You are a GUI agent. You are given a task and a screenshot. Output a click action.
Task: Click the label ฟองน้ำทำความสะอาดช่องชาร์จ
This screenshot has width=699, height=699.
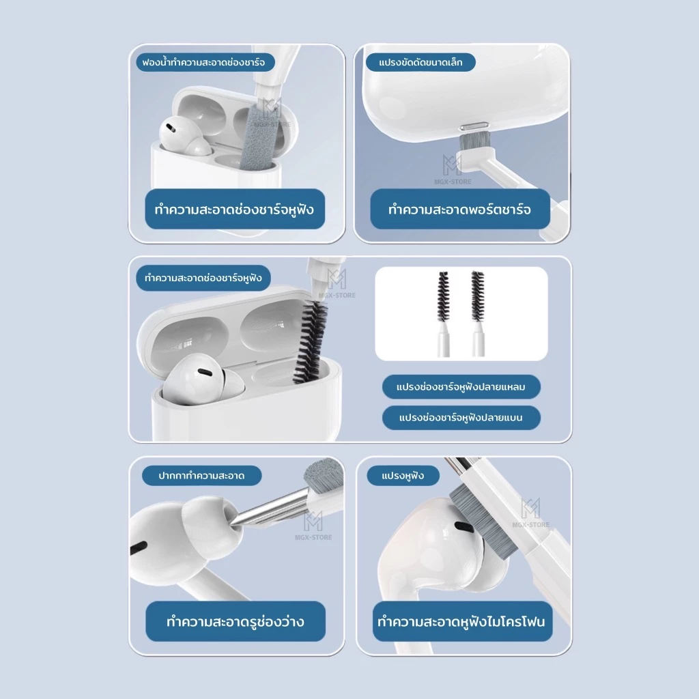click(203, 62)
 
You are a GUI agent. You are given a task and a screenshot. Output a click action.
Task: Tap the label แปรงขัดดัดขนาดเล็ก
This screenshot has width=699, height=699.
click(420, 62)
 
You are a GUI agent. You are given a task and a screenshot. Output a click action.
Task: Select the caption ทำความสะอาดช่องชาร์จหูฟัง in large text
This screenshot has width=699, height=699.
click(235, 209)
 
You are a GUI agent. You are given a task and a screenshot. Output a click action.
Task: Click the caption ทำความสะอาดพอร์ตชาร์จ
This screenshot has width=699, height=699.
click(459, 209)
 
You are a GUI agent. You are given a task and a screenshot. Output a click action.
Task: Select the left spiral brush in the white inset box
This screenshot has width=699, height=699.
click(442, 296)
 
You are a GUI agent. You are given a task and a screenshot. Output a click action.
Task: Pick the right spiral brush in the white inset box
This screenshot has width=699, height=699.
click(477, 296)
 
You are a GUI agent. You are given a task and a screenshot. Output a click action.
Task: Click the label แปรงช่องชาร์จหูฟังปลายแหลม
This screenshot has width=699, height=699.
click(461, 387)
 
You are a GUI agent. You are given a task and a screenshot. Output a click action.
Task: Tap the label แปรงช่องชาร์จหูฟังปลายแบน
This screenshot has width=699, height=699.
click(461, 418)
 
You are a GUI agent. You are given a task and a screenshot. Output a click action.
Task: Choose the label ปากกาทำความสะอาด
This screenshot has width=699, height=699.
click(201, 476)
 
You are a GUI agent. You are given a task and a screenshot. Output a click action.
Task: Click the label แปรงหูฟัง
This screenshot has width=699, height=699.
click(403, 476)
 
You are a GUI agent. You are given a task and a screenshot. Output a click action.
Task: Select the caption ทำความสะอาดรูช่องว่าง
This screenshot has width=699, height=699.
click(236, 621)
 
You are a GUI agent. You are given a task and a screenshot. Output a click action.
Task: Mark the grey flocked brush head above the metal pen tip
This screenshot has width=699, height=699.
click(324, 475)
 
